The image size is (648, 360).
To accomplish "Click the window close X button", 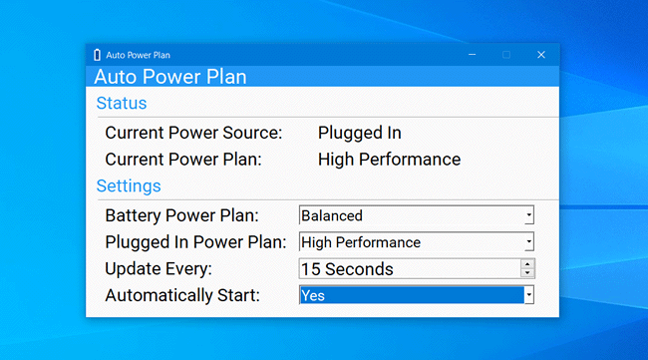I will (x=540, y=55).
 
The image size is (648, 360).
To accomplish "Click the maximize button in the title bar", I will (x=505, y=55).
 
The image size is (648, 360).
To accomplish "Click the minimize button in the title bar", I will (x=471, y=55).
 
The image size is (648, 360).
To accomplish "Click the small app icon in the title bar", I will (x=97, y=55).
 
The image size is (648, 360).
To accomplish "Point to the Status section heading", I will (x=122, y=103).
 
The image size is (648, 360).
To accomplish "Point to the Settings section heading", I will (x=129, y=185).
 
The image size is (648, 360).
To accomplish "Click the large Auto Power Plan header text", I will (x=170, y=77).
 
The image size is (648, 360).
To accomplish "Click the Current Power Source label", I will (x=193, y=133).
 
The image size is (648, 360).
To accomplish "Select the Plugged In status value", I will (x=359, y=133).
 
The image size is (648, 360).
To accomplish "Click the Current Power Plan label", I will (x=183, y=160).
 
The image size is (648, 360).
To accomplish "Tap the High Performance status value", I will (x=389, y=160).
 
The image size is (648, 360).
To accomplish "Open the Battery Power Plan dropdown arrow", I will (x=528, y=215).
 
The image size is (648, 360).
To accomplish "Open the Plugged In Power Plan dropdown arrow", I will (x=528, y=242).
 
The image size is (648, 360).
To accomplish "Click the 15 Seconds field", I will (x=409, y=269).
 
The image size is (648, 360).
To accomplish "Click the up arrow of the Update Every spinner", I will (x=528, y=264).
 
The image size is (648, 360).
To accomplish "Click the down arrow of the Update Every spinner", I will (x=528, y=273).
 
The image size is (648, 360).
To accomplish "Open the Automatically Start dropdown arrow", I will (x=528, y=295).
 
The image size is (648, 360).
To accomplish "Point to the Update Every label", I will (x=159, y=269).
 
